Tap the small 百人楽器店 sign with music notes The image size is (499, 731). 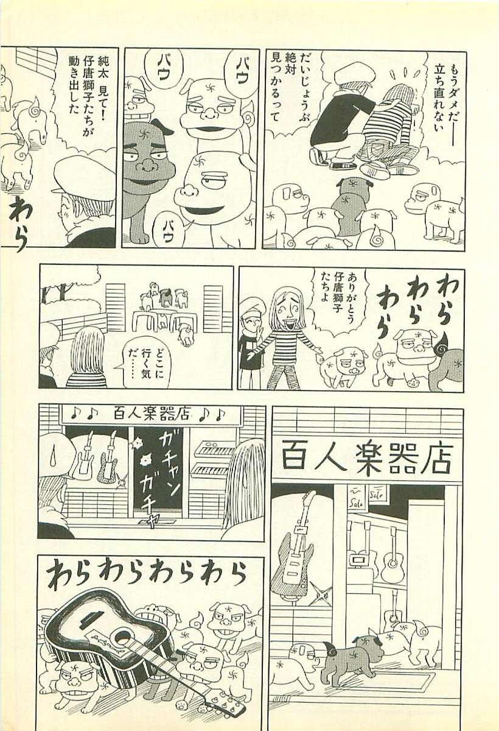point(150,414)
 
